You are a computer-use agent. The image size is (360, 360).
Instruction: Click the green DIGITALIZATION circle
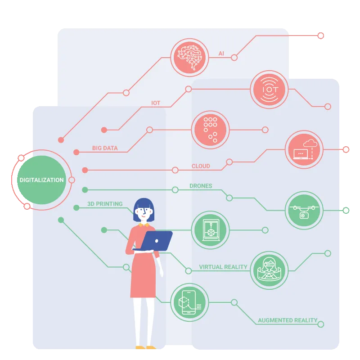[x=41, y=180]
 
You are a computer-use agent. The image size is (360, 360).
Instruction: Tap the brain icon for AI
[x=189, y=58]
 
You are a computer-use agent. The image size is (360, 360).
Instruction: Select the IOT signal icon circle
[x=269, y=90]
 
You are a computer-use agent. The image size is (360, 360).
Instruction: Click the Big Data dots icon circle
[x=210, y=130]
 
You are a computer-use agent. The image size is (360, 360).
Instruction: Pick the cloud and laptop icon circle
[x=304, y=150]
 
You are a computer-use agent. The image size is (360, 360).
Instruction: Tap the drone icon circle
[x=304, y=211]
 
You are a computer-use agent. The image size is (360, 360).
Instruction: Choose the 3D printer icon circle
[x=210, y=230]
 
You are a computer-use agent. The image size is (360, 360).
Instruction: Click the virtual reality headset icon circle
[x=269, y=270]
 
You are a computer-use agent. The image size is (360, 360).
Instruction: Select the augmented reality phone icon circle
[x=189, y=302]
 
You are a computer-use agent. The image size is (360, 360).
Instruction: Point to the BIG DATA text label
[x=105, y=148]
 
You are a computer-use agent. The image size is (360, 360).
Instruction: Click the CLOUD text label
[x=201, y=166]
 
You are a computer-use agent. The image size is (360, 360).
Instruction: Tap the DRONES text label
[x=201, y=186]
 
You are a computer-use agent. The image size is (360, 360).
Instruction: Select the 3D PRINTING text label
[x=105, y=204]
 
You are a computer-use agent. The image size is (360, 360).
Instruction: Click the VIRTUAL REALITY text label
[x=223, y=267]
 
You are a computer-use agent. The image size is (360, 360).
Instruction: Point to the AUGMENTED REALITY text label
[x=288, y=320]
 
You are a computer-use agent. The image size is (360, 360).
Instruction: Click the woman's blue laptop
[x=154, y=241]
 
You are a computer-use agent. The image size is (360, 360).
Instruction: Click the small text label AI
[x=221, y=54]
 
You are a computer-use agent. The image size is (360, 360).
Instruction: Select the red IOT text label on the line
[x=156, y=103]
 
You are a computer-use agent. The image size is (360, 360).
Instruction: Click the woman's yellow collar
[x=144, y=224]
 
